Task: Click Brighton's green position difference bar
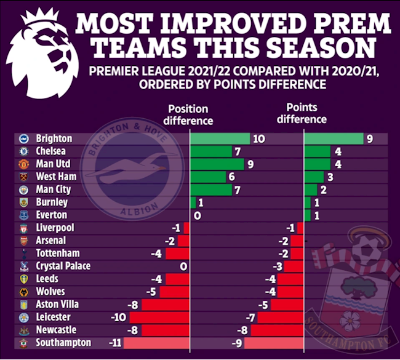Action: click(x=220, y=139)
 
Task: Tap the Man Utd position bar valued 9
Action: click(x=217, y=164)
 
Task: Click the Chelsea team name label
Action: click(x=51, y=151)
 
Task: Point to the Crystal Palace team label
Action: click(x=63, y=266)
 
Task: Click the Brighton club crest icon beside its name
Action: click(x=24, y=139)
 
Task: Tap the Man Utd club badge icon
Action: click(x=24, y=164)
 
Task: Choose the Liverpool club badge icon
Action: click(x=24, y=228)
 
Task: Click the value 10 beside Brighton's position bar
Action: click(x=258, y=139)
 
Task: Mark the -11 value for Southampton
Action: click(x=114, y=343)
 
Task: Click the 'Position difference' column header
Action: click(x=190, y=114)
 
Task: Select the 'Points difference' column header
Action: click(x=306, y=113)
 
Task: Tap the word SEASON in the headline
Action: click(x=321, y=49)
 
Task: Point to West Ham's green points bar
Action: click(x=313, y=177)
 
